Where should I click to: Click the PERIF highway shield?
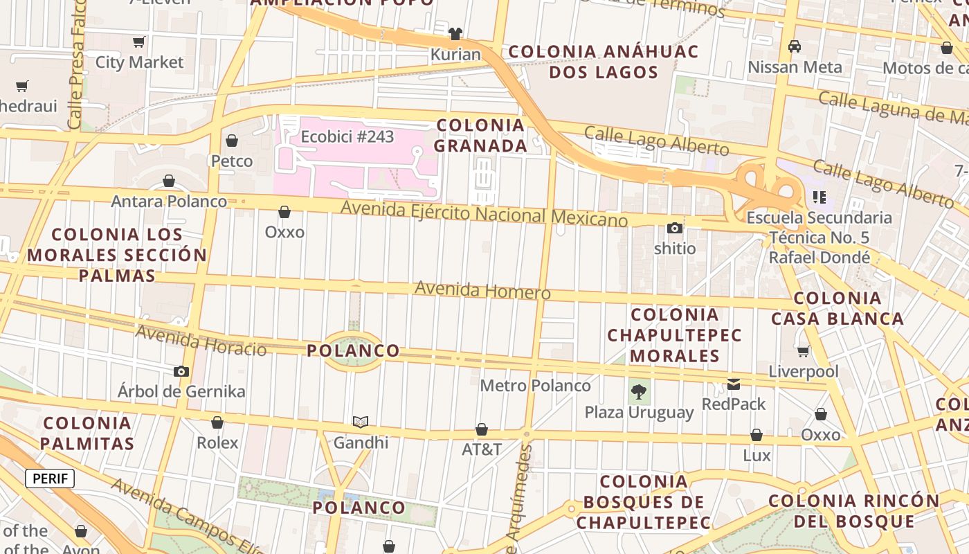[50, 479]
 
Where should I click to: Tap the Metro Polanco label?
[535, 386]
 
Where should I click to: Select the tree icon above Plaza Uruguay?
[639, 393]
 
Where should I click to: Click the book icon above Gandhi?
[361, 422]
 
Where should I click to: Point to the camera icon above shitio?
[675, 228]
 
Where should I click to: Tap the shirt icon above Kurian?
[455, 33]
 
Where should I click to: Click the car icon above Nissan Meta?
[795, 46]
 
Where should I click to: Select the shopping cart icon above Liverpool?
[804, 351]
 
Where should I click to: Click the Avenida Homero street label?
[482, 290]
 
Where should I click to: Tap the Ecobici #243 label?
[347, 136]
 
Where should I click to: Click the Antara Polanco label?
[169, 202]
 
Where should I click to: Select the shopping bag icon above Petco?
[232, 141]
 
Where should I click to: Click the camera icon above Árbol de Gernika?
[181, 371]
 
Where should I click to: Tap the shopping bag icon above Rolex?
[217, 422]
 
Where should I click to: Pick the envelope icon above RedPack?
[734, 384]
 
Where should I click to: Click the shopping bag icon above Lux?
[757, 435]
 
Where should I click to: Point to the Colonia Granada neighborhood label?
[481, 136]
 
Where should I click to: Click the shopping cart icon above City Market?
[139, 42]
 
